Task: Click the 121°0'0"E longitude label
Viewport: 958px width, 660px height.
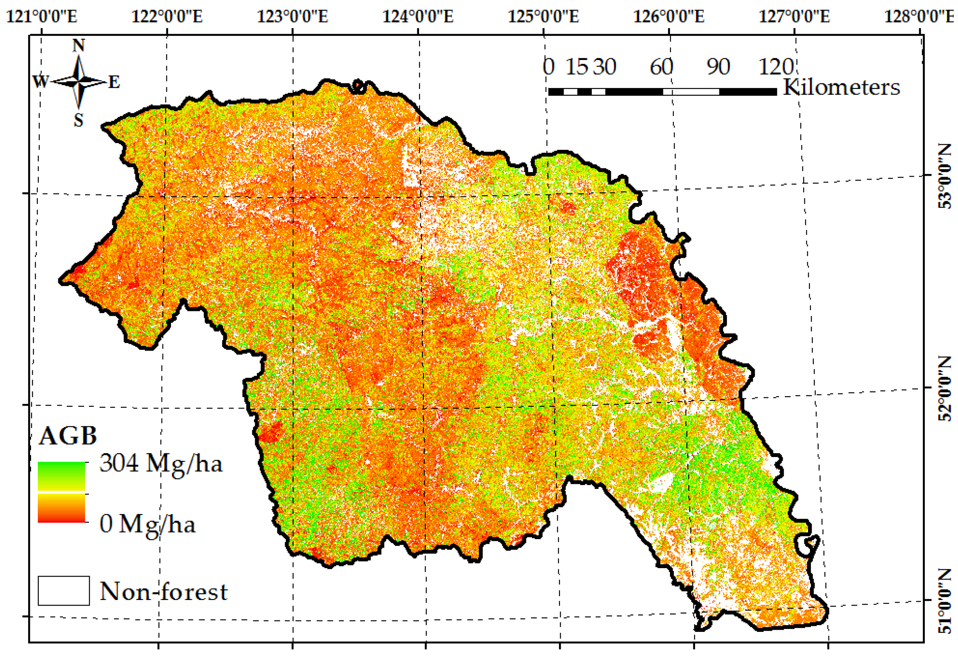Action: pos(42,17)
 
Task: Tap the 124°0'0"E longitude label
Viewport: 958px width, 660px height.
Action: pos(418,17)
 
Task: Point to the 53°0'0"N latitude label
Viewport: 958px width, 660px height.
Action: pos(945,176)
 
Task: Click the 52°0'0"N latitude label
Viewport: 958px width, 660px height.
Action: pos(945,388)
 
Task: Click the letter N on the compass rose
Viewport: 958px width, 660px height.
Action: pos(79,45)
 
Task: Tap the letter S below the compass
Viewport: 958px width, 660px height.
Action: pos(79,120)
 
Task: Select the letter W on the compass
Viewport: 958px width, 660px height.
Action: pos(41,81)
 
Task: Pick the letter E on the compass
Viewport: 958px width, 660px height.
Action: pos(114,82)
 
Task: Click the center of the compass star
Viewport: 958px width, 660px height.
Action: pos(79,81)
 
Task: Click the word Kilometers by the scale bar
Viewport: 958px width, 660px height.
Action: pos(841,87)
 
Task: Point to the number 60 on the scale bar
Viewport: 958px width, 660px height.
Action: pos(661,67)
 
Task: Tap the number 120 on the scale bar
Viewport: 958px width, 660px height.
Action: pos(776,67)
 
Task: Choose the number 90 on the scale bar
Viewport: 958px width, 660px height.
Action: pos(718,67)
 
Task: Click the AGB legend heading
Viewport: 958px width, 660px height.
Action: pos(68,435)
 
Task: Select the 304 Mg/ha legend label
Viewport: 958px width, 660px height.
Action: pos(161,463)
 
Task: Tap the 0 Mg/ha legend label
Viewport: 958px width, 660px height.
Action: pos(147,524)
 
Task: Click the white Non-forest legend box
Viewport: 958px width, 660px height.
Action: pos(64,591)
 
